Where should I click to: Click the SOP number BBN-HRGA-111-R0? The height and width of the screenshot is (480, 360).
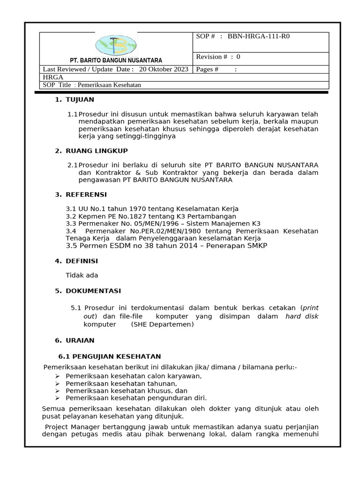[x=258, y=36]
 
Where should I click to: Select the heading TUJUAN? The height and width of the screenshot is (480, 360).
[x=80, y=99]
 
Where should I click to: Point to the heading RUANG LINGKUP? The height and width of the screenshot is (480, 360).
[x=97, y=150]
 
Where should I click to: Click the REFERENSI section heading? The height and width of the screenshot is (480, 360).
[x=86, y=194]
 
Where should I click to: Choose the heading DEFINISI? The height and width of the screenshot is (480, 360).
[x=82, y=261]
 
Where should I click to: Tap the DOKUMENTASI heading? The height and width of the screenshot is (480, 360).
[x=93, y=291]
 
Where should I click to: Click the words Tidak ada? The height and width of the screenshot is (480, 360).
[x=82, y=275]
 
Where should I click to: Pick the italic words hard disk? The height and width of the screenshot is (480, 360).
[x=302, y=316]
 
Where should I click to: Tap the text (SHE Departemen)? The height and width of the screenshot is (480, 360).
[x=162, y=324]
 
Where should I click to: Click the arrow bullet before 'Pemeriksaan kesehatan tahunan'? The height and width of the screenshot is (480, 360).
[x=57, y=384]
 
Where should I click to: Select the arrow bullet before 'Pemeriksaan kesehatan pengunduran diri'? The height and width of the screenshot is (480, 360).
[x=57, y=398]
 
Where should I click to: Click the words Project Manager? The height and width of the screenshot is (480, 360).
[x=68, y=427]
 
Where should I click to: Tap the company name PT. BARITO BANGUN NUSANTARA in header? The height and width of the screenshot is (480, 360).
[x=116, y=60]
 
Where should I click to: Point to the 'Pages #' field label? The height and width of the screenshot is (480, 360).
[x=207, y=69]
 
